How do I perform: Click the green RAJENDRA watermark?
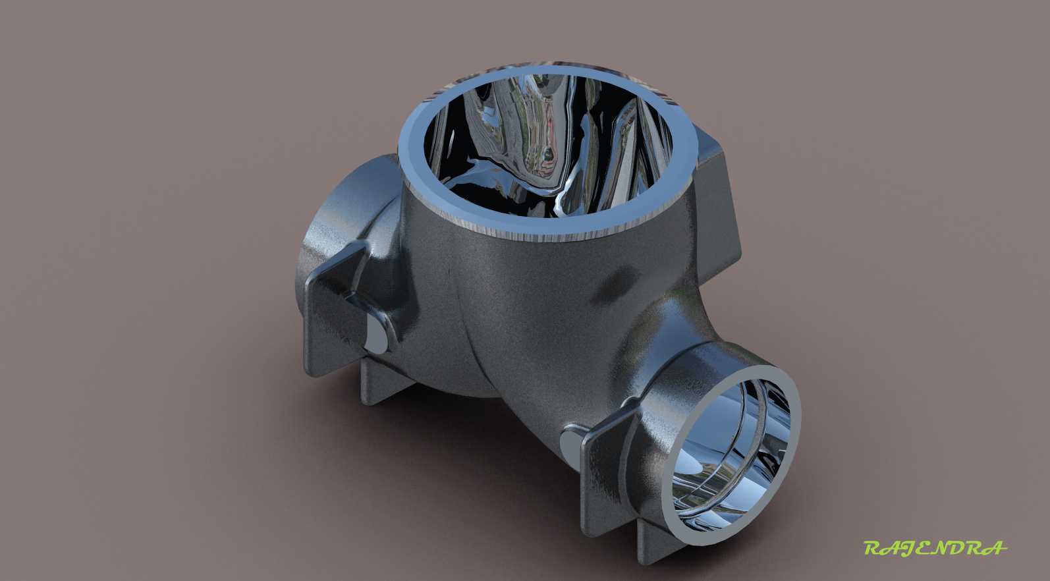coord(935,547)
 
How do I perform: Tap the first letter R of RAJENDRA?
coord(873,547)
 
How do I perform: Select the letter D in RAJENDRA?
coord(960,547)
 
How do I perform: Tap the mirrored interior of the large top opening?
coord(549,146)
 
